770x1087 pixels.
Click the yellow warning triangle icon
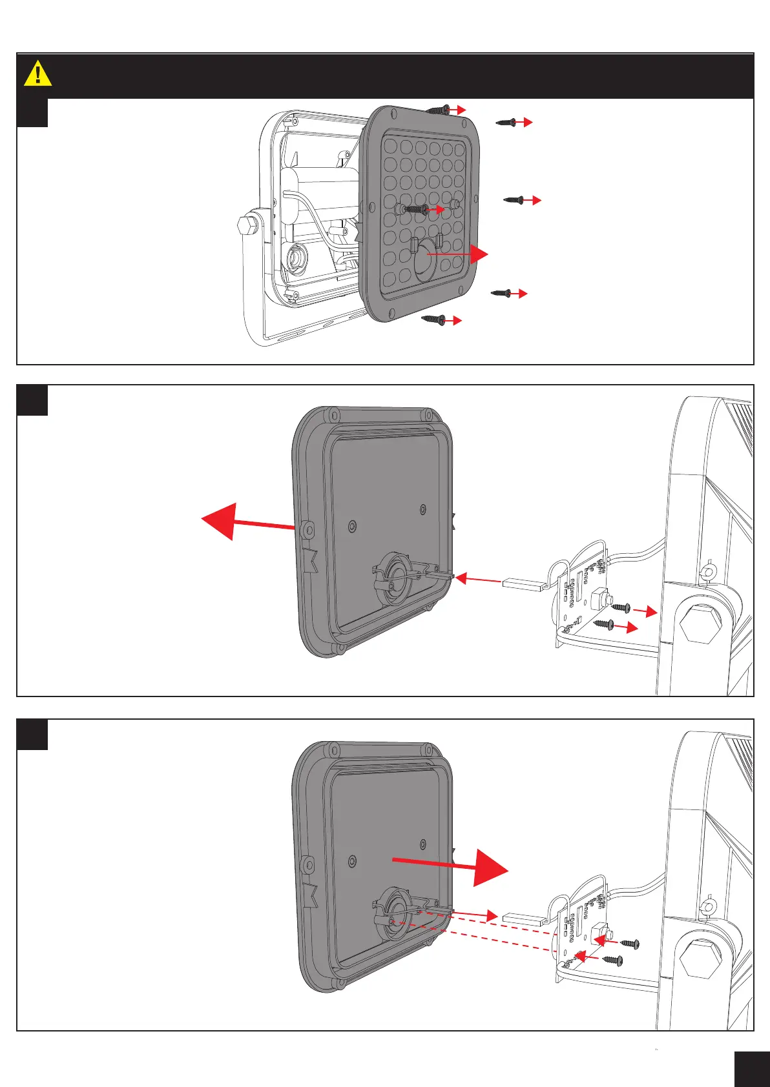pos(37,74)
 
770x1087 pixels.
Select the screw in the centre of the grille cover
pos(414,209)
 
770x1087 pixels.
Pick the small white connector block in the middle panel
pos(521,585)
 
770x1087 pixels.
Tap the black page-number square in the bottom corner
pos(751,1069)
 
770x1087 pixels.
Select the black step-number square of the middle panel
pos(32,401)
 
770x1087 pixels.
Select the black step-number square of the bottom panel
pos(32,735)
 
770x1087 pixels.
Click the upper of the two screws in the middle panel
pos(621,607)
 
